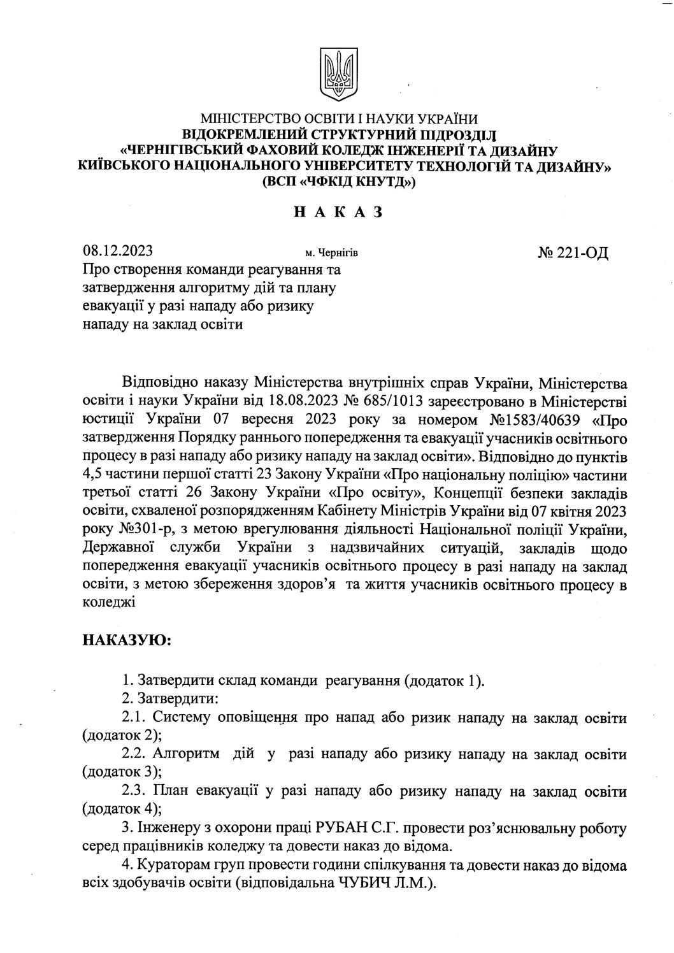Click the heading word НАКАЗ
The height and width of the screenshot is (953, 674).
coord(337,213)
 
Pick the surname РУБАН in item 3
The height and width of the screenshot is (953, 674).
coord(343,829)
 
